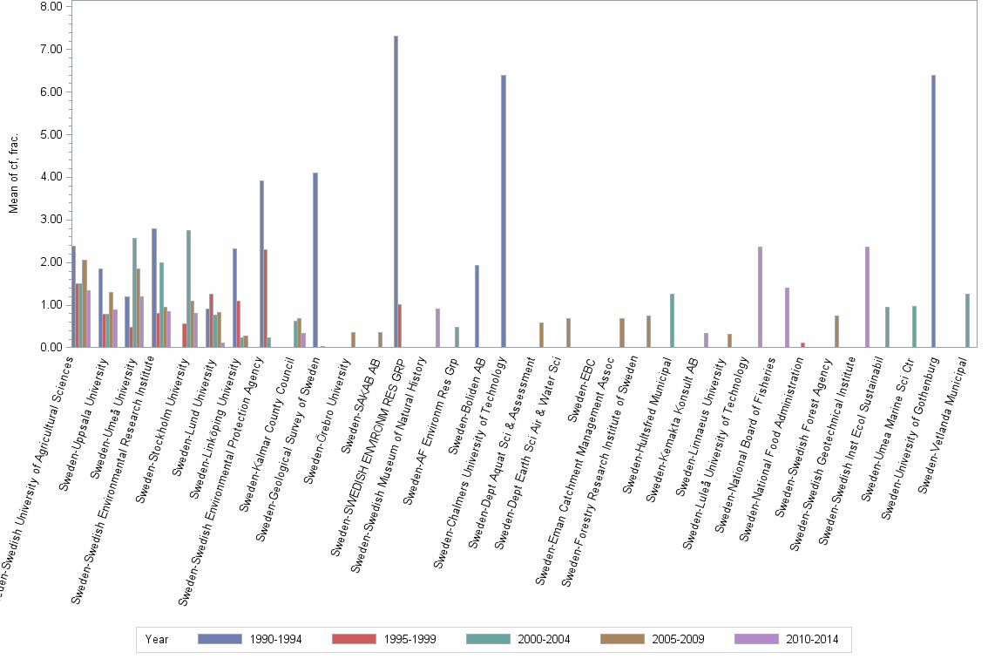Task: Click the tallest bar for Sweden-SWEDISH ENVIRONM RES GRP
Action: pyautogui.click(x=396, y=192)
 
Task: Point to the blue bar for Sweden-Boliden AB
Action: pyautogui.click(x=477, y=306)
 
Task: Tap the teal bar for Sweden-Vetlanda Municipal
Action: pyautogui.click(x=967, y=321)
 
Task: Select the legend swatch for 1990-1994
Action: pyautogui.click(x=220, y=639)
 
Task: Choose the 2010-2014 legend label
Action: pyautogui.click(x=811, y=640)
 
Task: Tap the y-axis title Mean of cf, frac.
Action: pyautogui.click(x=13, y=174)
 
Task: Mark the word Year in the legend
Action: pyautogui.click(x=158, y=640)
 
